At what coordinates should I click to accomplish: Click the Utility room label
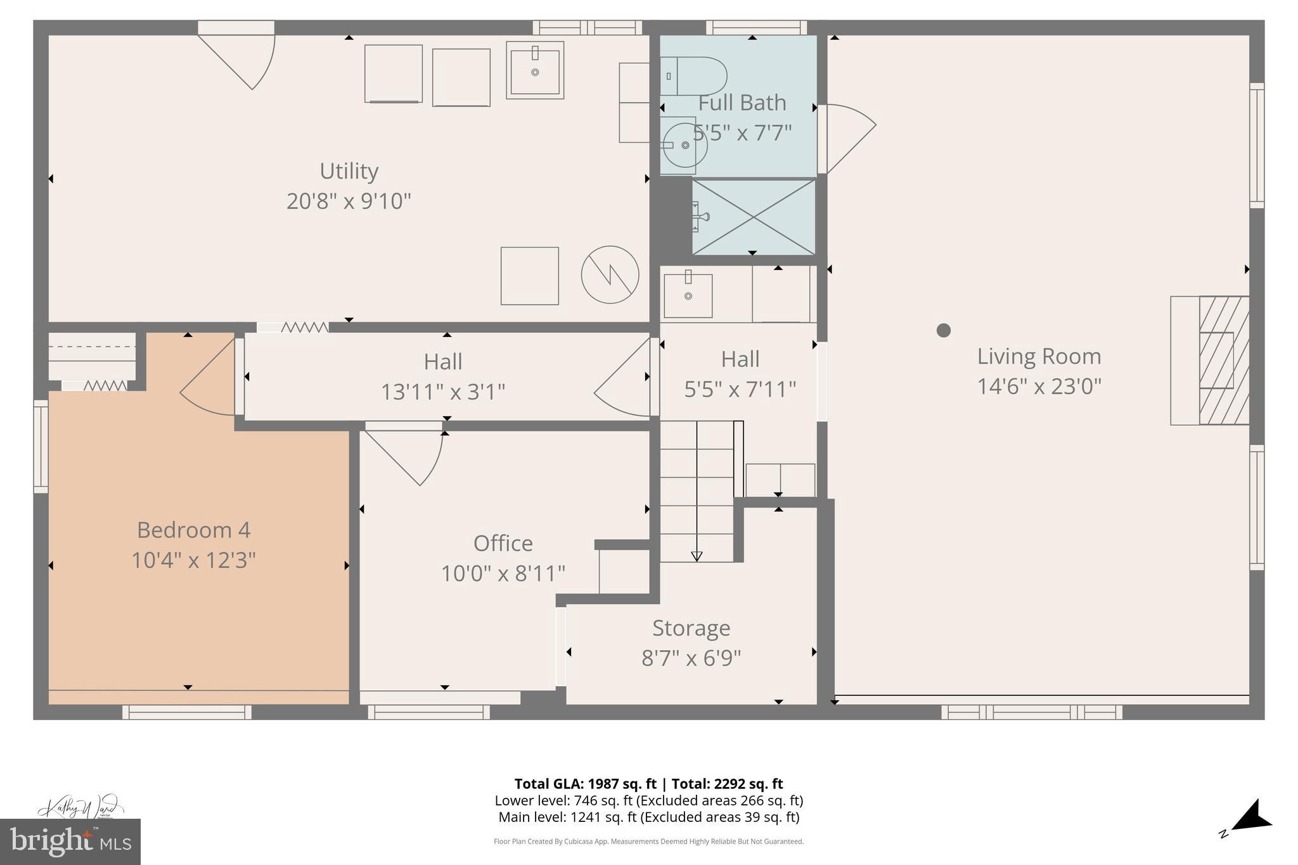pyautogui.click(x=349, y=171)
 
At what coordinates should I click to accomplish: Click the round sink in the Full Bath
pyautogui.click(x=684, y=145)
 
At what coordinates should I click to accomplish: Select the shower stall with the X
pyautogui.click(x=754, y=217)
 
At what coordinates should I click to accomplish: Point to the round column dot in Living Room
pyautogui.click(x=943, y=330)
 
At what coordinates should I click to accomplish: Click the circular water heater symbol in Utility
pyautogui.click(x=610, y=274)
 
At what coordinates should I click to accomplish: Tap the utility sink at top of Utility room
pyautogui.click(x=535, y=70)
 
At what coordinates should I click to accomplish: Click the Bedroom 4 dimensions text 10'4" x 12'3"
pyautogui.click(x=193, y=560)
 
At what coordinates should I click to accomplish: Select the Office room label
pyautogui.click(x=503, y=543)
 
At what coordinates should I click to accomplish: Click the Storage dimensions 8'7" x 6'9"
pyautogui.click(x=691, y=658)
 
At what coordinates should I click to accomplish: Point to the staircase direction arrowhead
pyautogui.click(x=697, y=556)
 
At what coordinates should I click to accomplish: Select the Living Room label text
pyautogui.click(x=1039, y=356)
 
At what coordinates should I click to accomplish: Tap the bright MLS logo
pyautogui.click(x=70, y=842)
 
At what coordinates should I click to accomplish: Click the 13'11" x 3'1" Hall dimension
pyautogui.click(x=442, y=392)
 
